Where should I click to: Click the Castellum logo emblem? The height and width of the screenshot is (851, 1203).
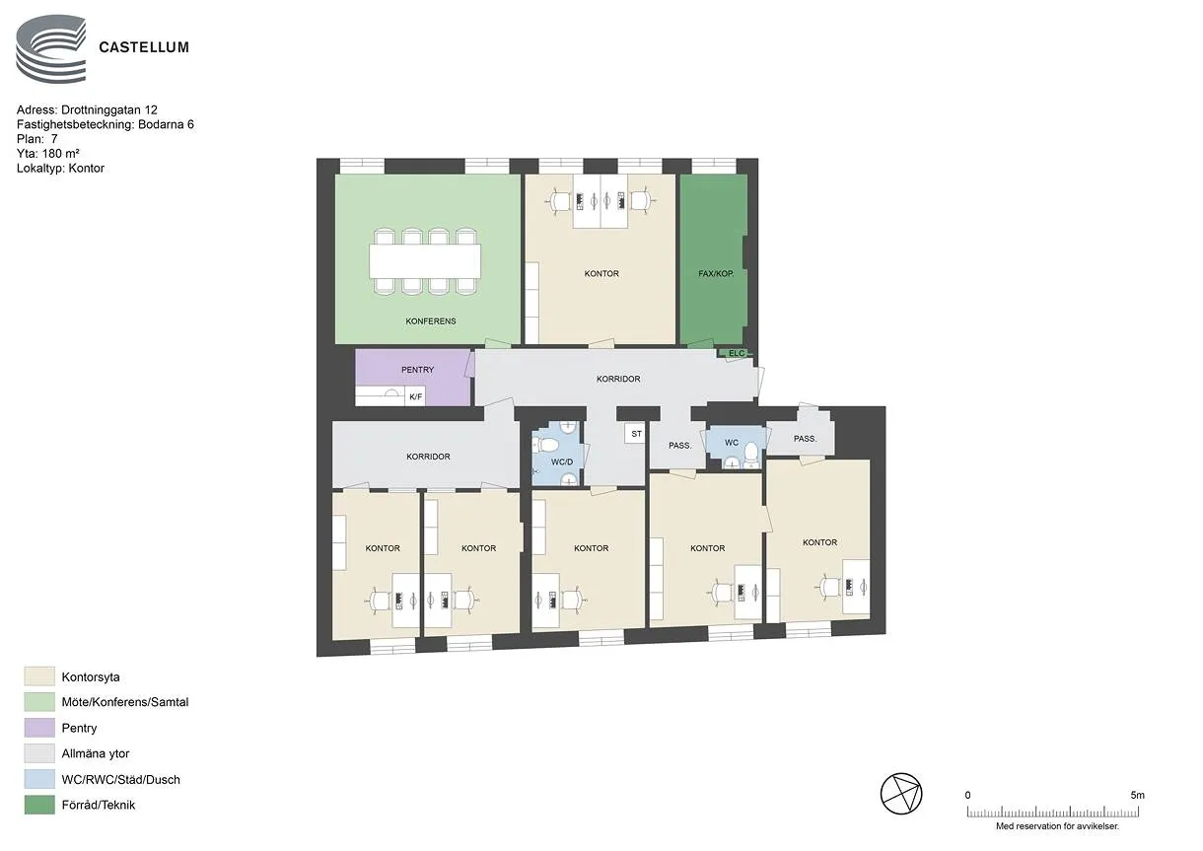coord(50,49)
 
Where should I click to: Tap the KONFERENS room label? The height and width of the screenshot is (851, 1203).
coord(430,321)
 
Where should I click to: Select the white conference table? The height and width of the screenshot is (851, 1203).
coord(425,261)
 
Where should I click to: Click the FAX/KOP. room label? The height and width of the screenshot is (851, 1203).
coord(715,273)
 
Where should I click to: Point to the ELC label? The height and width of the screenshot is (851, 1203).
coord(737,353)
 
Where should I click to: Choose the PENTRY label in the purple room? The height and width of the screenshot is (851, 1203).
coord(417,370)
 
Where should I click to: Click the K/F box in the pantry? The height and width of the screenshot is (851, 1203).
coord(415,396)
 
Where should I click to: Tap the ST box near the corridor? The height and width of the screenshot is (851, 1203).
coord(636,433)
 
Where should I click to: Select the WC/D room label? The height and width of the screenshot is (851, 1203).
coord(562,461)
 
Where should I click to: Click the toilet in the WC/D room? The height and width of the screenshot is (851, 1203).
coord(546,445)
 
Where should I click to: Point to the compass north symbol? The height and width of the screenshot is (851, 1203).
coord(900,794)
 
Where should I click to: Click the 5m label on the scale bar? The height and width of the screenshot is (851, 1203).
coord(1137,795)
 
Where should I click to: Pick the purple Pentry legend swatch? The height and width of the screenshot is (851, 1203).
coord(39,728)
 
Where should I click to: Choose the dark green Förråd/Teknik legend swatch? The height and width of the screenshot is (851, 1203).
coord(39,805)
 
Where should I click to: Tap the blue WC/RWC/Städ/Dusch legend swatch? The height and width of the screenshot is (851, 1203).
coord(39,779)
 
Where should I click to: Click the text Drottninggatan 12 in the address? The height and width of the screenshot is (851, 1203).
coord(109,110)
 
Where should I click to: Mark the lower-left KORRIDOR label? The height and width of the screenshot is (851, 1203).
coord(428,457)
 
